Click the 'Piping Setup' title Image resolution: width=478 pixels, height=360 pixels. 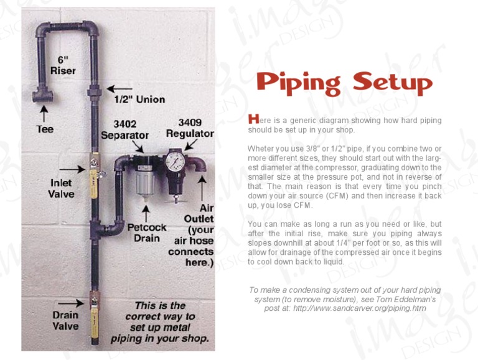344,83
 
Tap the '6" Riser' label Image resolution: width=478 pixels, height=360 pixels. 63,65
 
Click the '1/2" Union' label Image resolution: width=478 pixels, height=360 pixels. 139,99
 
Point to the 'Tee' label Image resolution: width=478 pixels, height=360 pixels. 44,129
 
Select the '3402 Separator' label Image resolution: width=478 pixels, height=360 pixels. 124,129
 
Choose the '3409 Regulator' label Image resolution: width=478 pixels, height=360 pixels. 190,128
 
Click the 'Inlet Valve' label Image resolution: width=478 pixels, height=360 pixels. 61,188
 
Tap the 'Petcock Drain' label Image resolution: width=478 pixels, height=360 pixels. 147,233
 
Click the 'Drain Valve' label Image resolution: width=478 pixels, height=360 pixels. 65,321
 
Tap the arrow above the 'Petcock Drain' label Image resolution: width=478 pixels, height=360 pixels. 146,212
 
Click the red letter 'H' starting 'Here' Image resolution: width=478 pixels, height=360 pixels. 251,118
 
